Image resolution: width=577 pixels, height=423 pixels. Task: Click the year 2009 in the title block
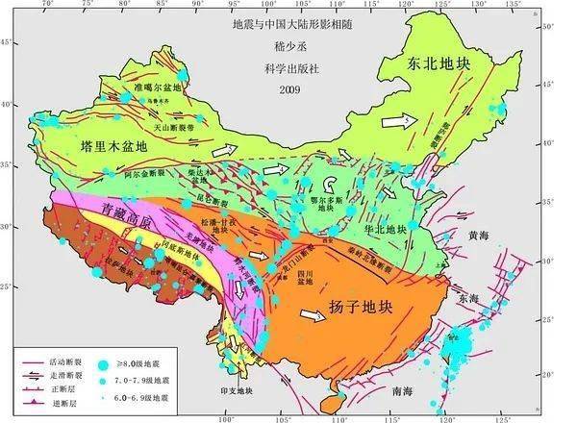(288, 90)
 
